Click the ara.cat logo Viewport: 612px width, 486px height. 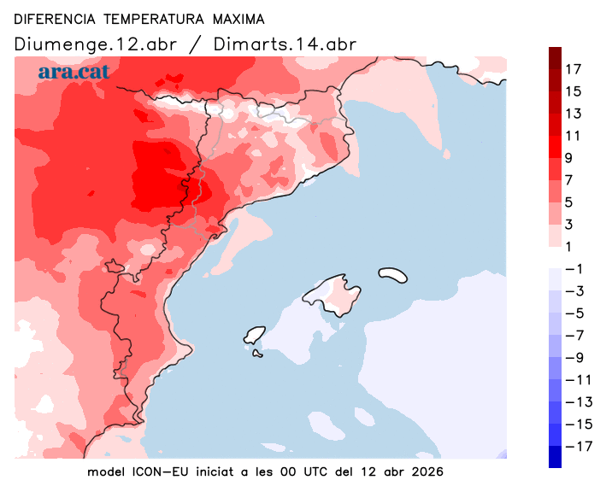[x=74, y=72]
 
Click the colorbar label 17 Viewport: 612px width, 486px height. [x=574, y=69]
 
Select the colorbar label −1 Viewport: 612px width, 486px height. [x=573, y=268]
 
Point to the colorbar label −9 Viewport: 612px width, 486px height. [x=573, y=357]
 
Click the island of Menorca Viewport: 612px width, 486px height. [x=393, y=275]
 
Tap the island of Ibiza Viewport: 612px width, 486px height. [x=254, y=335]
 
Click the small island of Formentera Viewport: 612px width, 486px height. [x=257, y=354]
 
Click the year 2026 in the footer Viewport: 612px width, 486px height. [x=427, y=471]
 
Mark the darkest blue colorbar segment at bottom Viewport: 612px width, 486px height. [x=556, y=457]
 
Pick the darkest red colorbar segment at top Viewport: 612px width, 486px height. [x=556, y=58]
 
